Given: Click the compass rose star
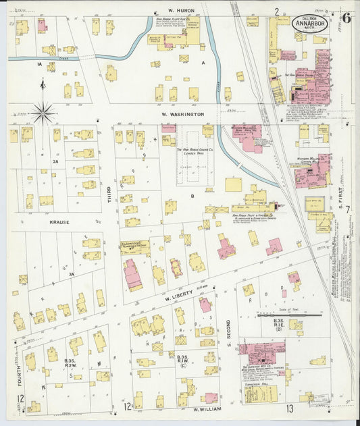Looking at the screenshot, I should coord(43,113).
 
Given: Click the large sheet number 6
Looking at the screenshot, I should coord(346,18).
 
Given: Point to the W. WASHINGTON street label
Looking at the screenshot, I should coord(182,115).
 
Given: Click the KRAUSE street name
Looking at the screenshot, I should coord(58,221).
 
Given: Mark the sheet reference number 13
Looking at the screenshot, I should coord(289,408).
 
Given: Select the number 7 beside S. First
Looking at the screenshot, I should coord(348,211).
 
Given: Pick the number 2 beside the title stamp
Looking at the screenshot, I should coord(277,11).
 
